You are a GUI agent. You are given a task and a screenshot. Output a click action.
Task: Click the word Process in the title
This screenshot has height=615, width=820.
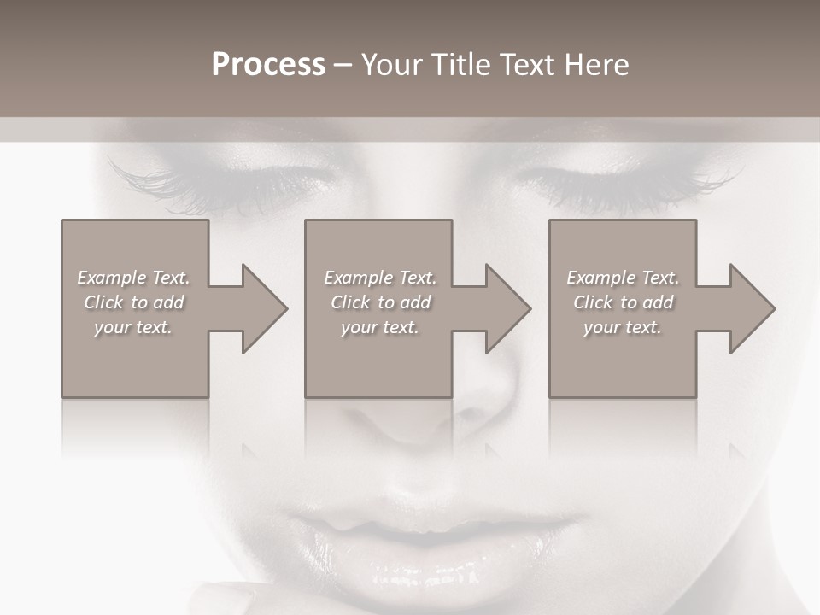pyautogui.click(x=268, y=65)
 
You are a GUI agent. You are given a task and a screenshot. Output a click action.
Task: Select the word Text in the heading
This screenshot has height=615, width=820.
pyautogui.click(x=525, y=65)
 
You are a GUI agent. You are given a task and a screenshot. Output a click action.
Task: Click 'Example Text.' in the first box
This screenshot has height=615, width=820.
pyautogui.click(x=133, y=278)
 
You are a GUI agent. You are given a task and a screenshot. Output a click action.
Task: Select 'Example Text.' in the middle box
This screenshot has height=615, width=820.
pyautogui.click(x=380, y=278)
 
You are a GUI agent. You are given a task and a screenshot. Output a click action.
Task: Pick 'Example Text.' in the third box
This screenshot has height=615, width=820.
pyautogui.click(x=623, y=278)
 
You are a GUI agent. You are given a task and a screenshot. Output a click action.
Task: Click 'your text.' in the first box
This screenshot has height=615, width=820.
pyautogui.click(x=133, y=327)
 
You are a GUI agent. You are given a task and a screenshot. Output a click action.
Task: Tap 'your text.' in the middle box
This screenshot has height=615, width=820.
pyautogui.click(x=380, y=327)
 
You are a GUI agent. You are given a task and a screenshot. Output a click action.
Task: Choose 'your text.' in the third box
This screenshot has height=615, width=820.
pyautogui.click(x=623, y=327)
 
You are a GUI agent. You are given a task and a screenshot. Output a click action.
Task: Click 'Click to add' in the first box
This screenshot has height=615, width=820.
pyautogui.click(x=133, y=302)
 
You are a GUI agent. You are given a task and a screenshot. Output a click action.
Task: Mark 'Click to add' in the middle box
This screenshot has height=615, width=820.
pyautogui.click(x=380, y=302)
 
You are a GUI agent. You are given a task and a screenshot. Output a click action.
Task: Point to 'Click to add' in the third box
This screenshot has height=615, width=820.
pyautogui.click(x=623, y=302)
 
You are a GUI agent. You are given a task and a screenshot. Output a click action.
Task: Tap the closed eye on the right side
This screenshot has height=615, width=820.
pyautogui.click(x=624, y=184)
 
